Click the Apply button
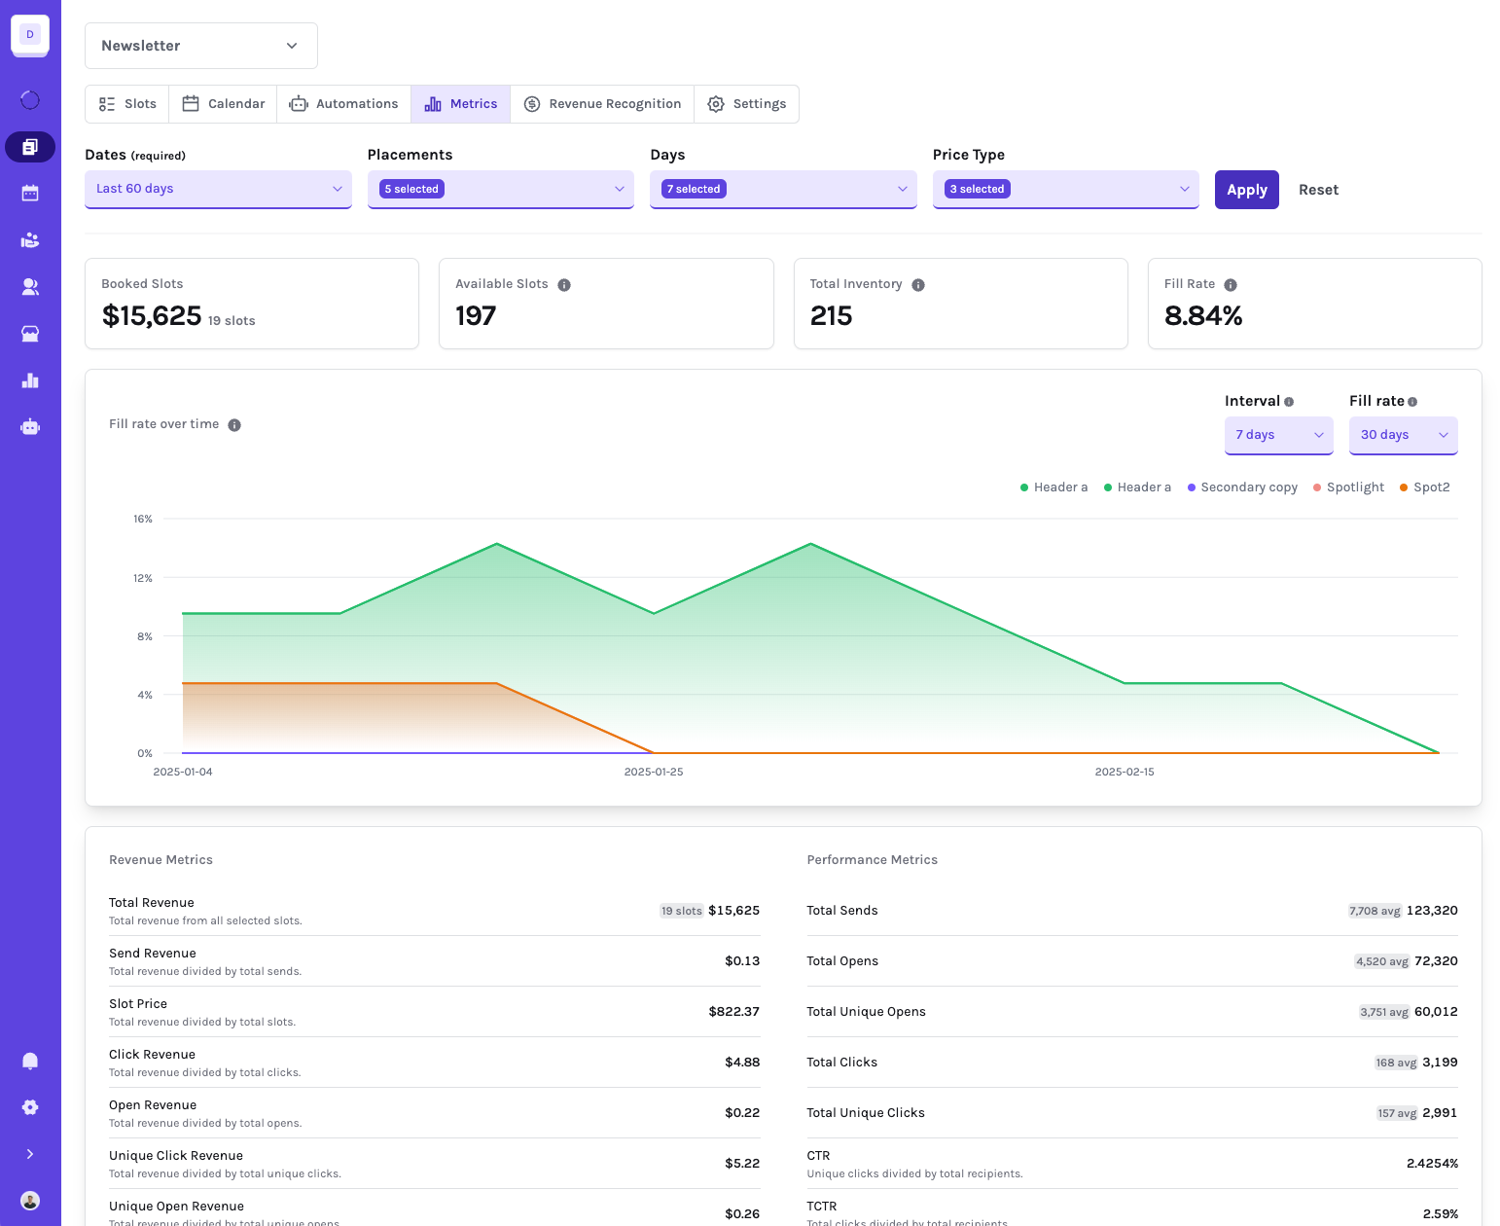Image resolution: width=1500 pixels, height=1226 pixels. [1245, 190]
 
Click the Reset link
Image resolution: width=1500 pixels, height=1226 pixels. [1317, 190]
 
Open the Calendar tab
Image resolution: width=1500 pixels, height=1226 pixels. [223, 104]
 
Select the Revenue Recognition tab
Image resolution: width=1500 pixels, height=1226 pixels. [602, 104]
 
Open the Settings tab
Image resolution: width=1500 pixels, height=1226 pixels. [746, 104]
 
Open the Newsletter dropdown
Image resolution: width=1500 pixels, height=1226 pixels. [201, 46]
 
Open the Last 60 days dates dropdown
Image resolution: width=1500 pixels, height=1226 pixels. [218, 189]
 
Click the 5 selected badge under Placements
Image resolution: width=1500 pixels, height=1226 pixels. [411, 189]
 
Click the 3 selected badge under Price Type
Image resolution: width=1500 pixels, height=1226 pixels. [977, 189]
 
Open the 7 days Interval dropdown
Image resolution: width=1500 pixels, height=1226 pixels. [1278, 435]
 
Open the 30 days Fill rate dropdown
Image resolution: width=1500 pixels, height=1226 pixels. [1403, 435]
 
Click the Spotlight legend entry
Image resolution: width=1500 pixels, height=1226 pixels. [1348, 487]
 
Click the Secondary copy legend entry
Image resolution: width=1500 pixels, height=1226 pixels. [1242, 487]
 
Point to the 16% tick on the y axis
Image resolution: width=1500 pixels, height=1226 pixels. [143, 519]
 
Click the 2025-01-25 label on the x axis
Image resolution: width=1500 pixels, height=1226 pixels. [653, 772]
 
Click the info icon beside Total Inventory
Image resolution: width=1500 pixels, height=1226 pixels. [917, 285]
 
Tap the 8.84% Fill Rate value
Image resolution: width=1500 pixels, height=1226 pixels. [1202, 315]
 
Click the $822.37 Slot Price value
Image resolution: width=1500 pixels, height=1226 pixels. [733, 1011]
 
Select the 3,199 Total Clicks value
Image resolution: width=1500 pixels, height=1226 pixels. [1440, 1062]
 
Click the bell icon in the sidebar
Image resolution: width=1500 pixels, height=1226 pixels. [30, 1061]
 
